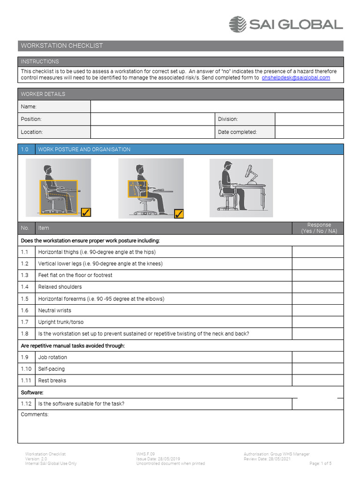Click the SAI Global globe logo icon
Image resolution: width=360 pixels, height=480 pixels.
click(x=238, y=24)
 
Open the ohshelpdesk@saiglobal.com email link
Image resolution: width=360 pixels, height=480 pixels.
click(x=296, y=78)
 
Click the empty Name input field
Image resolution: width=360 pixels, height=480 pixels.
click(x=217, y=107)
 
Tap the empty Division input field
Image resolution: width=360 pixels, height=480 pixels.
click(x=309, y=120)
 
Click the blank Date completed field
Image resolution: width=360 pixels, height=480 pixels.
click(x=309, y=132)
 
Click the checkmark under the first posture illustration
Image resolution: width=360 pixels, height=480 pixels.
click(x=86, y=213)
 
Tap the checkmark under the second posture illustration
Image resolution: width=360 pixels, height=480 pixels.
click(x=179, y=214)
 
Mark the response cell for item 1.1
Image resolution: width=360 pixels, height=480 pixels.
click(x=318, y=252)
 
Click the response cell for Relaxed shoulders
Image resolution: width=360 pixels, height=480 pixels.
click(x=318, y=287)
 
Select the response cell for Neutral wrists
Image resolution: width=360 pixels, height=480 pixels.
click(x=318, y=310)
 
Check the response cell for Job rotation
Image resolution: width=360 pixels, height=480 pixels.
click(x=318, y=357)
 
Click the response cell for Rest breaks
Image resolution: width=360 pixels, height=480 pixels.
click(x=318, y=381)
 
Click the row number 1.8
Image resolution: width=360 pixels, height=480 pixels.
click(x=25, y=334)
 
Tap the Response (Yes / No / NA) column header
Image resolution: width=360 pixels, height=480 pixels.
click(x=319, y=228)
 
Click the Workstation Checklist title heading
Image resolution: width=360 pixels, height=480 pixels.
click(x=62, y=46)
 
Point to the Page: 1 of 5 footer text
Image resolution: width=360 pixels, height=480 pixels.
click(x=321, y=464)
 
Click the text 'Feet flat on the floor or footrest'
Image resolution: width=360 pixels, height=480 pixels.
click(x=75, y=275)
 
